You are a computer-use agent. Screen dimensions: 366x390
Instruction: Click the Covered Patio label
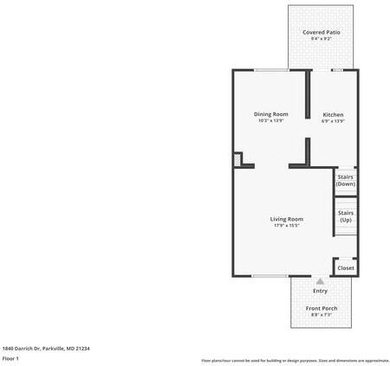coord(321,32)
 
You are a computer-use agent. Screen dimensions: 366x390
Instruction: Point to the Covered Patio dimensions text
coord(321,39)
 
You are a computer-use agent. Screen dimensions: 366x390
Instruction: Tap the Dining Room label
coord(270,114)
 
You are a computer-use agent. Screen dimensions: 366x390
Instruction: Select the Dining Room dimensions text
coord(270,121)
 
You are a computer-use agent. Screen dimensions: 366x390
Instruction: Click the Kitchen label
coord(333,114)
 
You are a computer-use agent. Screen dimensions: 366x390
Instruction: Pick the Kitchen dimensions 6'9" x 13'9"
coord(333,121)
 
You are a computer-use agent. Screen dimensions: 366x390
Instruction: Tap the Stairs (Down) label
coord(345,180)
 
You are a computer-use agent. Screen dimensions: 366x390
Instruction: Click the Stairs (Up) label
coord(345,216)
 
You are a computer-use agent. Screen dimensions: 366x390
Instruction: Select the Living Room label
coord(286,219)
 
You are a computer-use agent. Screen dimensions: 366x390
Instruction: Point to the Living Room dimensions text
coord(286,226)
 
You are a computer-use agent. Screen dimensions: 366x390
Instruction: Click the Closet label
coord(345,268)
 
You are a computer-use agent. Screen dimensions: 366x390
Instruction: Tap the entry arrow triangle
coord(321,281)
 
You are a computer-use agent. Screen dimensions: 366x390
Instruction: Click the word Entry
coord(321,291)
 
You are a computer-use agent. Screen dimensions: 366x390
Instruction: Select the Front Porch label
coord(321,308)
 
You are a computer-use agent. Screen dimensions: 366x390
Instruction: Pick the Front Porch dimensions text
coord(321,315)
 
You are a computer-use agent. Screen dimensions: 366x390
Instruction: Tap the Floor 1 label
coord(11,358)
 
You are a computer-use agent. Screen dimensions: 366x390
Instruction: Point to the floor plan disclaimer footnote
coord(295,360)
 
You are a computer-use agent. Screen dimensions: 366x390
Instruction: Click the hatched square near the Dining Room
coord(237,160)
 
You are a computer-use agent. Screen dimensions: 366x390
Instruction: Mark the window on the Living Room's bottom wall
coord(270,276)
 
